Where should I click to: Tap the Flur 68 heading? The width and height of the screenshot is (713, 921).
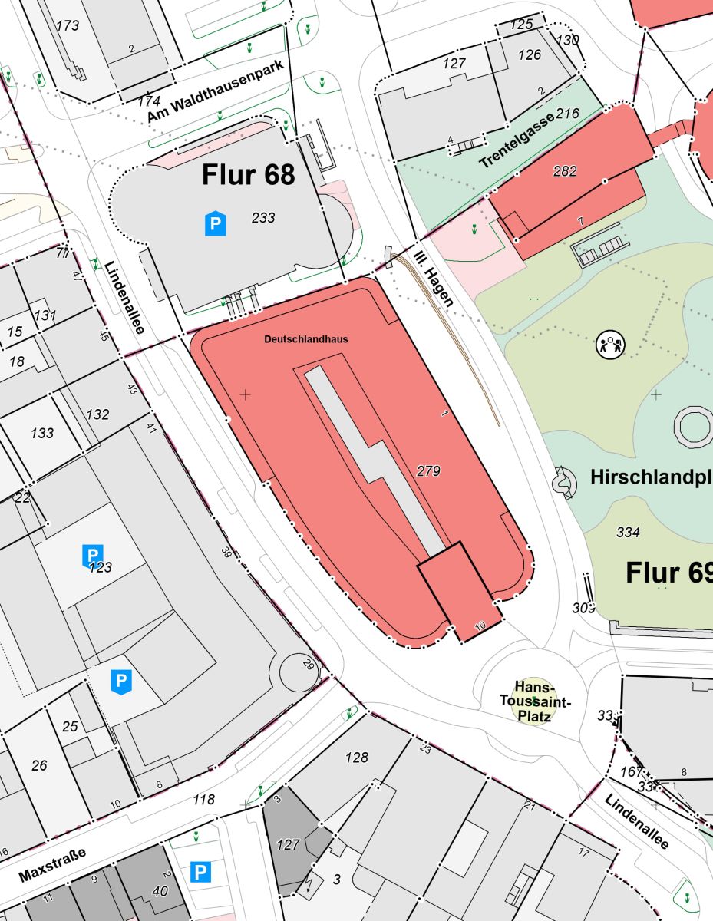249,175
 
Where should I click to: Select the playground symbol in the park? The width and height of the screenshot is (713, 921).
611,344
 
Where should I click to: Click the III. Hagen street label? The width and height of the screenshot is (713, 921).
434,278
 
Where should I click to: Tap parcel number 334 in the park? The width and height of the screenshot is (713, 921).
628,531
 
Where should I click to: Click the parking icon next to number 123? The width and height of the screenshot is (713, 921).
92,555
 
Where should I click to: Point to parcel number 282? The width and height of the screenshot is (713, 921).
564,171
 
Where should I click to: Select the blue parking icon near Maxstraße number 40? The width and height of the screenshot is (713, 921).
200,873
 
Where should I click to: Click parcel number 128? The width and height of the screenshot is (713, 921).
356,758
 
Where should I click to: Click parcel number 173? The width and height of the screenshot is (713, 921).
68,25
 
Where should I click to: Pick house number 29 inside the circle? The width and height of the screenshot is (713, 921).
309,664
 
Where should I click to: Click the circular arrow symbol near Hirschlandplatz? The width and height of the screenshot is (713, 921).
563,482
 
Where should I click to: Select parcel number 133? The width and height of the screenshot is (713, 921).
42,434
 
